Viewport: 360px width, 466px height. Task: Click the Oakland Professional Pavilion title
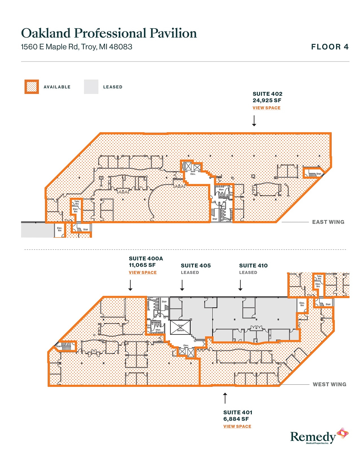click(109, 33)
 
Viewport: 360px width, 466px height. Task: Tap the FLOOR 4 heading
click(330, 47)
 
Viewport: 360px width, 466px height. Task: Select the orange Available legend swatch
click(32, 87)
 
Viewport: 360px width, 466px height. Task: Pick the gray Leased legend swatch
click(91, 87)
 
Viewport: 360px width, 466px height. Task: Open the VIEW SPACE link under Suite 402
click(266, 108)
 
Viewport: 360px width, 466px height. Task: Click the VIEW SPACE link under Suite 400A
click(143, 273)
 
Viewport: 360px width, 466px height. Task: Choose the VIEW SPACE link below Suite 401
click(237, 426)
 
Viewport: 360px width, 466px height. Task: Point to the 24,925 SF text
click(267, 101)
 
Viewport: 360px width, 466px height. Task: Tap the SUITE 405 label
click(196, 266)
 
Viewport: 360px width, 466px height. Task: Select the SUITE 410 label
click(253, 266)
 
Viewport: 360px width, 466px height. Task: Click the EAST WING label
click(328, 222)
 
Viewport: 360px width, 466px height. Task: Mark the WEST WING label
click(329, 384)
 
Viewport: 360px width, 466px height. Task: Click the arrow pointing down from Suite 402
click(254, 121)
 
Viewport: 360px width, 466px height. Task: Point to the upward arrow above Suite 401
click(225, 398)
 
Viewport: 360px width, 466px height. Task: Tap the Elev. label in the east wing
click(193, 174)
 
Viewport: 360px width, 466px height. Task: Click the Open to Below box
click(180, 328)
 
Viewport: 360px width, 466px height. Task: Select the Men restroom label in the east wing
click(221, 190)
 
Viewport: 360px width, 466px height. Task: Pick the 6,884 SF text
click(236, 419)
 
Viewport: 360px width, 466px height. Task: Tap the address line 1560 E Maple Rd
click(77, 47)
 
